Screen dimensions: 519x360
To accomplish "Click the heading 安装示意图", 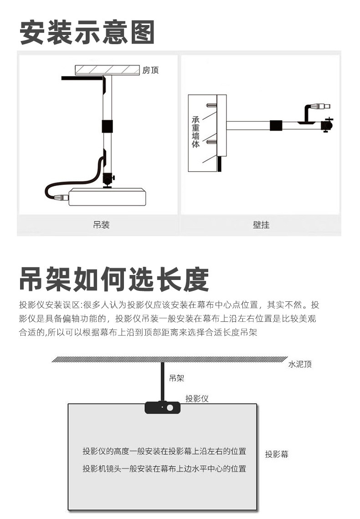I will click(87, 32).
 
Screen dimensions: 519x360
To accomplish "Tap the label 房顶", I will click(150, 70).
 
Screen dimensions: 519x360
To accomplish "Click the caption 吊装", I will click(101, 224).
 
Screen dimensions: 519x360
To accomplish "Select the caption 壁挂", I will click(261, 225).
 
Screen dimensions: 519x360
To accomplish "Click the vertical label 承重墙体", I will click(195, 131).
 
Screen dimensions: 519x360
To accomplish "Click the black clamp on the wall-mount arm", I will click(276, 125).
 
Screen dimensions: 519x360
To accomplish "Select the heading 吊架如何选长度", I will click(114, 279).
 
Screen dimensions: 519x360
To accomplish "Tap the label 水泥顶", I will click(300, 364).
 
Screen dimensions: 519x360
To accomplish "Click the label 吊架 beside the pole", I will click(176, 378).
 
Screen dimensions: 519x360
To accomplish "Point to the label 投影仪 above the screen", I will click(197, 398).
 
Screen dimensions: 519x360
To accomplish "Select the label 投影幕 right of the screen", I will click(277, 454).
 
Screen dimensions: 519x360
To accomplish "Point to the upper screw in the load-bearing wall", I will click(211, 106).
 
